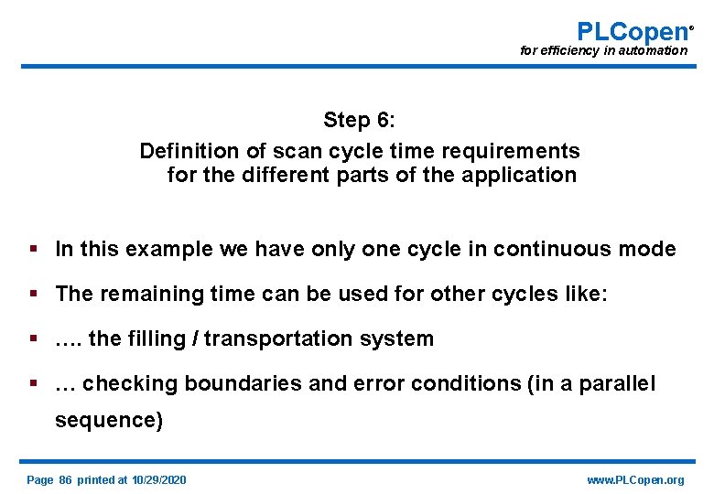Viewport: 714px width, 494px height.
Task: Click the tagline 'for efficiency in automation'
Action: [603, 51]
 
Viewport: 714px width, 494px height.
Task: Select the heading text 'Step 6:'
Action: [359, 120]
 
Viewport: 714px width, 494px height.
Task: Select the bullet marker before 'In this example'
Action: [34, 249]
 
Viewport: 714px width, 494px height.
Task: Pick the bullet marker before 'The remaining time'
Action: [34, 294]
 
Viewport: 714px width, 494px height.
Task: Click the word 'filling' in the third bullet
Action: [160, 338]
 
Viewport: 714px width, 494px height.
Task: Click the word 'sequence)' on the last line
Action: [109, 420]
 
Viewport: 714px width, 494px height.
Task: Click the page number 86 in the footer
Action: [65, 480]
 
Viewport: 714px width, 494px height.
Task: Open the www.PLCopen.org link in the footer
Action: [635, 480]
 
